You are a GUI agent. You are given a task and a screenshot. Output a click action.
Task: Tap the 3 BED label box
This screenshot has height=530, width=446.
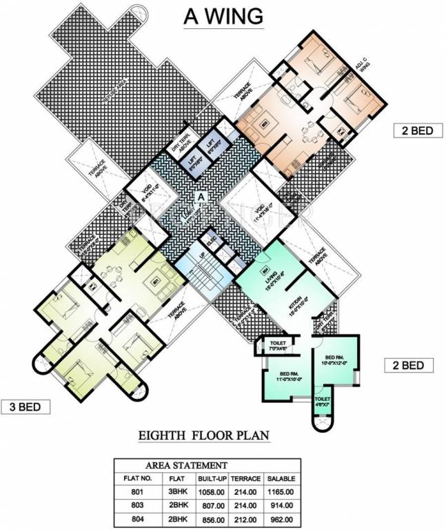[x=26, y=406]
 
